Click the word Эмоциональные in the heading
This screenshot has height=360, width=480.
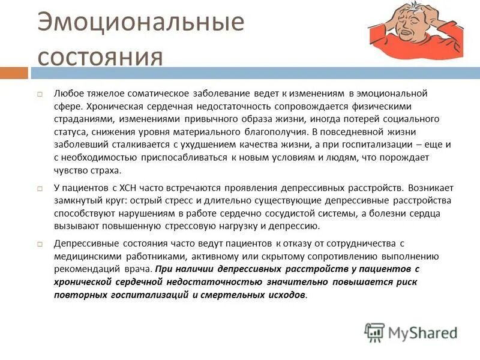point(141,23)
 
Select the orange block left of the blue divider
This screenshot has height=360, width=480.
point(14,73)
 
